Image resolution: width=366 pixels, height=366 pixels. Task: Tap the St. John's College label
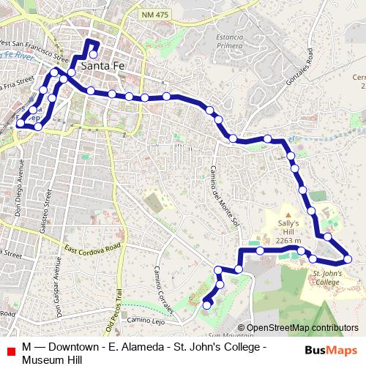click(326, 276)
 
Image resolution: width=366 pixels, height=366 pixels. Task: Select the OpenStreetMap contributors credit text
click(302, 328)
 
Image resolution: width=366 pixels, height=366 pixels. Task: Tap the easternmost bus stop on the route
click(349, 258)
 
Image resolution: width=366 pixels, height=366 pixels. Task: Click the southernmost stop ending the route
click(208, 305)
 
